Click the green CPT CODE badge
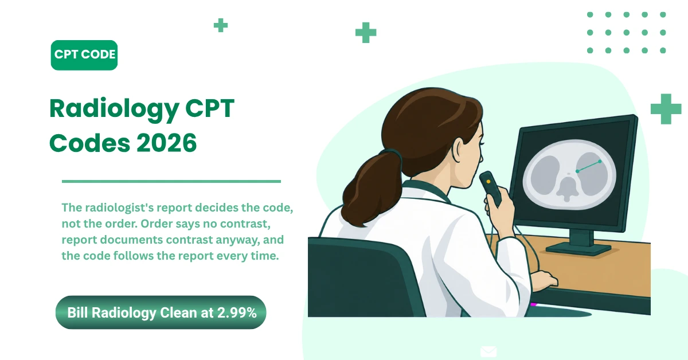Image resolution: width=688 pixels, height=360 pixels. tap(84, 55)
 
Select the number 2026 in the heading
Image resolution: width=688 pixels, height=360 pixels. tap(166, 143)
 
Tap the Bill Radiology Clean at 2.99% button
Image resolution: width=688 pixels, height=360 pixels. tap(161, 312)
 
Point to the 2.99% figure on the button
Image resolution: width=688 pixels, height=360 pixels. tap(237, 312)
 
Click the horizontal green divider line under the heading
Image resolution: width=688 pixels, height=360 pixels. tap(171, 181)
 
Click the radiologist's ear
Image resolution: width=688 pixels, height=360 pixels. tap(459, 149)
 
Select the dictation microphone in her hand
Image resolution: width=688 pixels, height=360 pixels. tap(491, 188)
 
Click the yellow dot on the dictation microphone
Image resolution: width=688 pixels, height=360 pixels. tap(488, 182)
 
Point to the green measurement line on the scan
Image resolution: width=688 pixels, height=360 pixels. tap(588, 166)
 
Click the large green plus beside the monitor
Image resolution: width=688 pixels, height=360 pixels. tap(666, 109)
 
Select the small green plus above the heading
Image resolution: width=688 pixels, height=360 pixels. tap(221, 25)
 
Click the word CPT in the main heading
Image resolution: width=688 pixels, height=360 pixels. tap(210, 108)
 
